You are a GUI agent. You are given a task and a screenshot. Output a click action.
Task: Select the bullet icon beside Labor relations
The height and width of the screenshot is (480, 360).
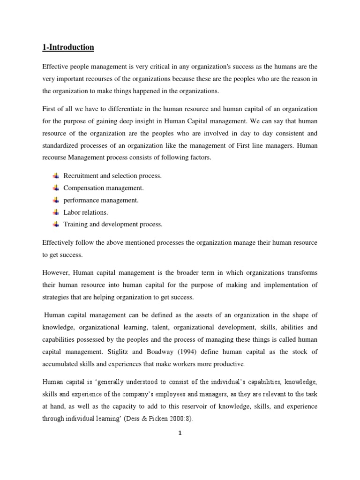coord(56,212)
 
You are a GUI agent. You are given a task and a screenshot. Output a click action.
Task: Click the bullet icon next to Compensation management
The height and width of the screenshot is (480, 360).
coord(56,187)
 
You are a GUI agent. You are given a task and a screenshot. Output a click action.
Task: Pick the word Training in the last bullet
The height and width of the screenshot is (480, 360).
coord(75,224)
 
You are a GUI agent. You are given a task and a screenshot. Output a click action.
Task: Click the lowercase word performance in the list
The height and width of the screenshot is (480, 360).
coord(80,200)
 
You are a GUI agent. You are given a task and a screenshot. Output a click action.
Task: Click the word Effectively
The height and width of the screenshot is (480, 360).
coord(57,242)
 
